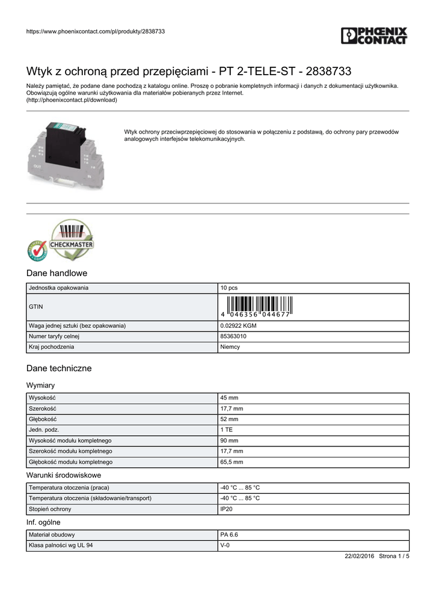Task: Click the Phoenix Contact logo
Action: click(x=373, y=35)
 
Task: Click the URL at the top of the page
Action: click(x=96, y=31)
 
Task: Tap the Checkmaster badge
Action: click(x=60, y=241)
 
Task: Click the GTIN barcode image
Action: click(x=256, y=307)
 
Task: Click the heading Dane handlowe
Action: click(x=57, y=273)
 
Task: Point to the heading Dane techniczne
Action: click(x=59, y=368)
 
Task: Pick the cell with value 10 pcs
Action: click(x=229, y=288)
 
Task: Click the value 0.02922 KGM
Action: click(x=238, y=326)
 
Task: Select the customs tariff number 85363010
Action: click(x=233, y=337)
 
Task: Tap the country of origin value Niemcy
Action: click(x=230, y=347)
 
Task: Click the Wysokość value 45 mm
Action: click(x=229, y=398)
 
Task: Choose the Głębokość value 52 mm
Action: click(x=229, y=419)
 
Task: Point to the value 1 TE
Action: click(x=227, y=430)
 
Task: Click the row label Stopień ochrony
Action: click(x=50, y=510)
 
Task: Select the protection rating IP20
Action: click(x=227, y=510)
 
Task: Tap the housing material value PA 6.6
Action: click(x=229, y=535)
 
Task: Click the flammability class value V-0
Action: click(x=225, y=546)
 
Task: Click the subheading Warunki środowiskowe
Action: click(x=64, y=475)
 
